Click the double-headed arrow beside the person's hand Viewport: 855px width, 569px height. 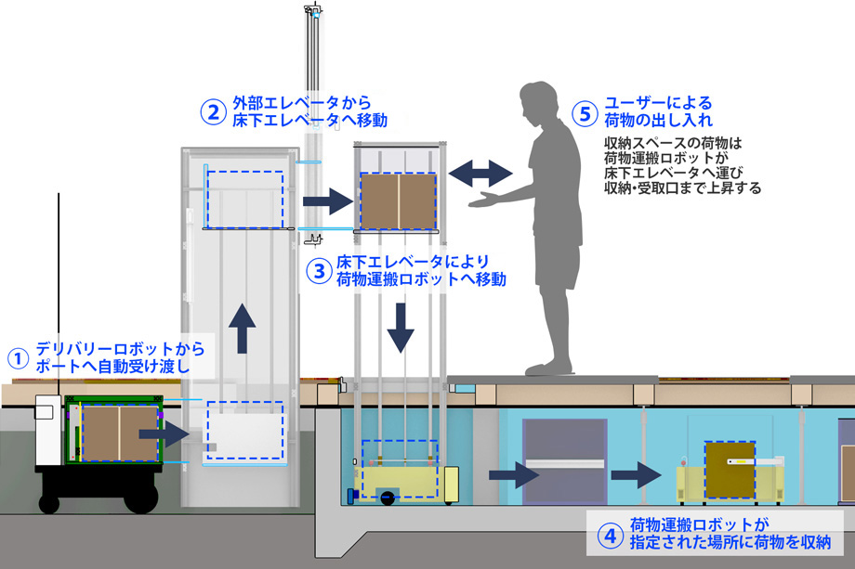click(x=480, y=173)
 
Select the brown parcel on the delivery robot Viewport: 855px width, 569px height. click(x=118, y=433)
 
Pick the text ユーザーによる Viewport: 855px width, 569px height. click(x=658, y=103)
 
